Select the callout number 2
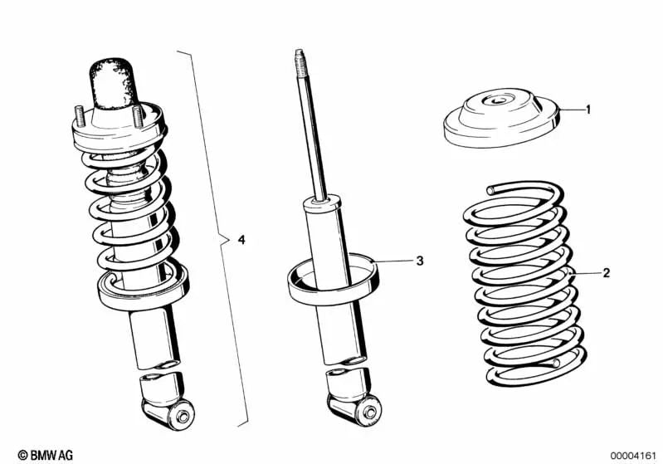tap(606, 272)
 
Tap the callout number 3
tap(420, 261)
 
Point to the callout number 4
tap(241, 240)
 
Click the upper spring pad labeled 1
tap(498, 120)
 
